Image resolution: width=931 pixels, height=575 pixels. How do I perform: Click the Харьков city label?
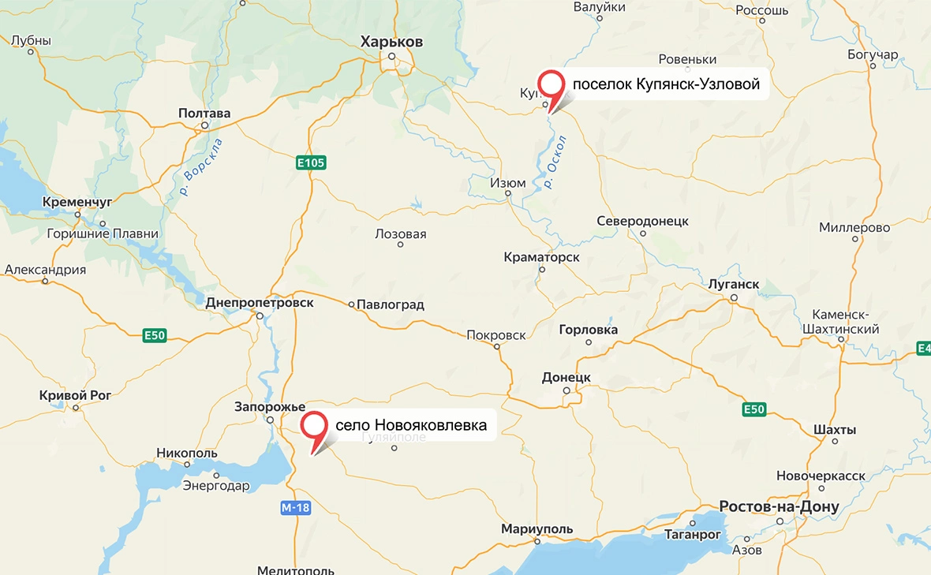click(391, 42)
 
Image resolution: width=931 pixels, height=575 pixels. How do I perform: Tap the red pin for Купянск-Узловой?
click(551, 85)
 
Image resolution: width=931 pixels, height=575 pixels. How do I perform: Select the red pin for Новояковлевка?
click(316, 427)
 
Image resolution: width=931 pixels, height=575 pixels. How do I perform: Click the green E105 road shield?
click(312, 162)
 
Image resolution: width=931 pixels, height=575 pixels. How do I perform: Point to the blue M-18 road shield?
click(295, 508)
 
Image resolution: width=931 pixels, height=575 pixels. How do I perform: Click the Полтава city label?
click(204, 114)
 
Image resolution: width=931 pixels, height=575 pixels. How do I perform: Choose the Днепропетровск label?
click(259, 303)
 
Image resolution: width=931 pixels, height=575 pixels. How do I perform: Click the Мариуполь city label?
click(537, 529)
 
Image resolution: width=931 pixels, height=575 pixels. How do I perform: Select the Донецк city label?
click(566, 378)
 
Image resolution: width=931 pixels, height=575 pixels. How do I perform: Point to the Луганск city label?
click(734, 284)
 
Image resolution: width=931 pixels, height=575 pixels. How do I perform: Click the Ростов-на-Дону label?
click(779, 506)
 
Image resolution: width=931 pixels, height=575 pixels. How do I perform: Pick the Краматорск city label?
click(541, 257)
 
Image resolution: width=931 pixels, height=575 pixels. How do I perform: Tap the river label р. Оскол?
click(555, 162)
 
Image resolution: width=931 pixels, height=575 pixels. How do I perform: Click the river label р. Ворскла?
click(200, 166)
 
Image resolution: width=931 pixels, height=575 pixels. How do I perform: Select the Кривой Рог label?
click(77, 395)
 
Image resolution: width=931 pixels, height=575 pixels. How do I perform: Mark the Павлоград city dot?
click(352, 304)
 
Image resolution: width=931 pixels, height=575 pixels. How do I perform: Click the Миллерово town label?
click(854, 228)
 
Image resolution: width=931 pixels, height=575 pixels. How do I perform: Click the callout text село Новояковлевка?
click(411, 425)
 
